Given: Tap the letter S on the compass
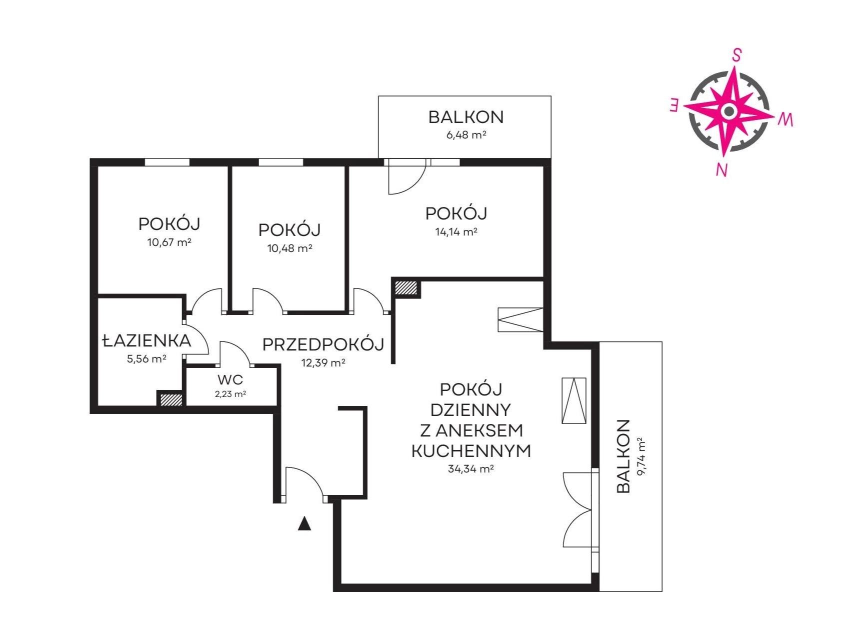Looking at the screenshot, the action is point(736,55).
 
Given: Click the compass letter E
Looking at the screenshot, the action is point(674,105).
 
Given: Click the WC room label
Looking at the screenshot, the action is point(230,379).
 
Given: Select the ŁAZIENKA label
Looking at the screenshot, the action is point(146,340).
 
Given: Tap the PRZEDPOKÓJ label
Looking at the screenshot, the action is point(323,344).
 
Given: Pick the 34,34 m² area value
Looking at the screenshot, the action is point(470,468).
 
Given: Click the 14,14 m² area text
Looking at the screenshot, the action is point(456,231).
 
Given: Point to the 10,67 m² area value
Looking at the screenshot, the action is point(169,242).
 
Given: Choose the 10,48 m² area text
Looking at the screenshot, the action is point(289,248).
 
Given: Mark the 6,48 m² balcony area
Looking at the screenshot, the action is point(466,134).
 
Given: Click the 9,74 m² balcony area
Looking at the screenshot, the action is point(641,456).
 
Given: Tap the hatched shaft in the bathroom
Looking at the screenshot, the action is point(171,399).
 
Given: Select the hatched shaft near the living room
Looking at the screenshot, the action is point(406,287).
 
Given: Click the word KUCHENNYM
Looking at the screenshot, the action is point(471,451).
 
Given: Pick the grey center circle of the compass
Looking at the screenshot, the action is point(728,111).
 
